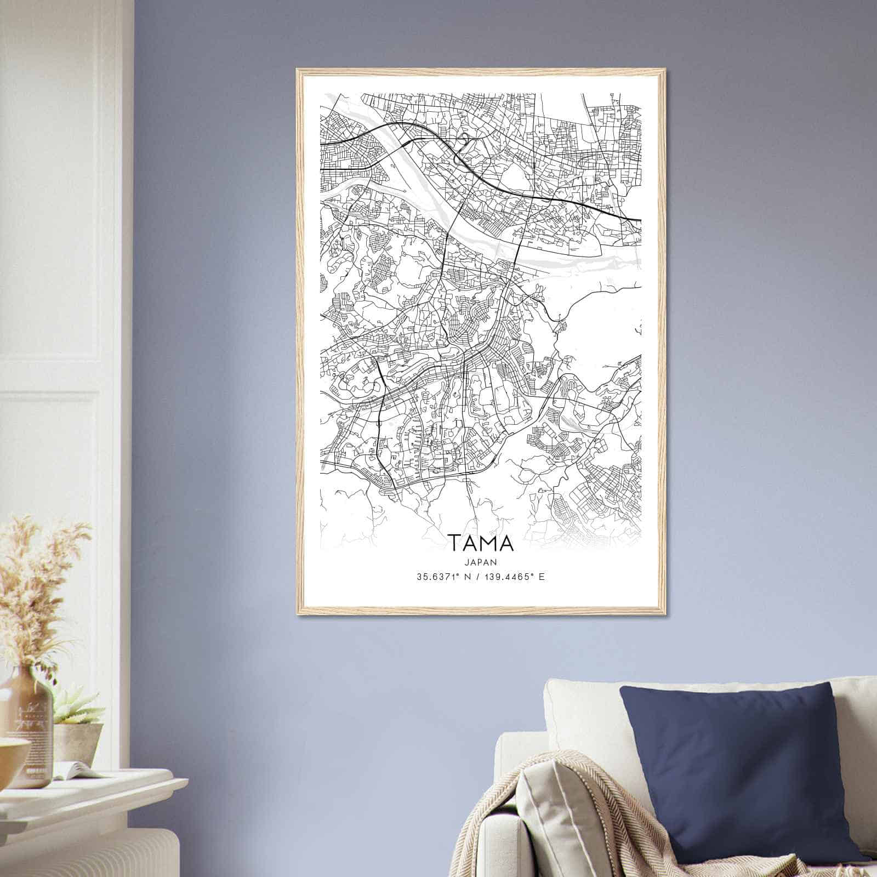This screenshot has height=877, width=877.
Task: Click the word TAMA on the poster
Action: tap(482, 543)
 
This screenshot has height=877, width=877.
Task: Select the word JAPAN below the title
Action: tap(482, 562)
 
